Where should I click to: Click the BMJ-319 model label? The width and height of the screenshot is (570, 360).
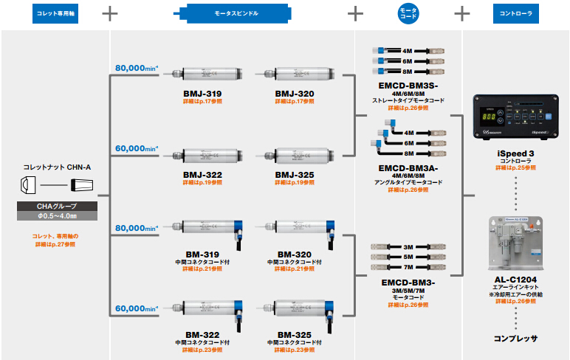202,94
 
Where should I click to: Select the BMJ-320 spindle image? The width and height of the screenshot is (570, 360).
294,74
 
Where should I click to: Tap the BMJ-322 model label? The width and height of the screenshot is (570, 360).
202,175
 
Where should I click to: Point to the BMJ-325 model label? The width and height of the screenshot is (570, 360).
294,175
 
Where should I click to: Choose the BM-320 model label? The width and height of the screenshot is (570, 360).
294,253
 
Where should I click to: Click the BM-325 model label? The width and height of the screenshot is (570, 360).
294,334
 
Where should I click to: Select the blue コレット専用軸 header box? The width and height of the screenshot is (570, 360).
55,13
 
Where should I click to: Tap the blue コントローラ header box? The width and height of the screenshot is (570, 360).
515,13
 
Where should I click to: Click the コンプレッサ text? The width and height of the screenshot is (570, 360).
515,339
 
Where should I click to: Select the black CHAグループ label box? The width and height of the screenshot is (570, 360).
56,207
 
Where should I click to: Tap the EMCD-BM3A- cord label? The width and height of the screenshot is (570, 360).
408,167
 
